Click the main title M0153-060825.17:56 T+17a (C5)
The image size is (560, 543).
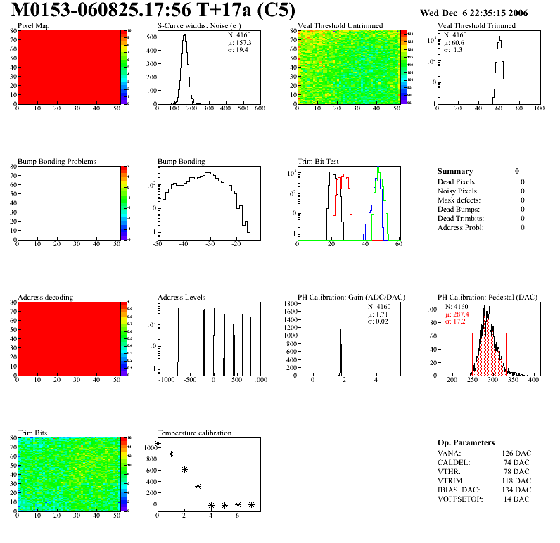[153, 11]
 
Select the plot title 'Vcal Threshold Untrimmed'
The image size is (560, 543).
[340, 26]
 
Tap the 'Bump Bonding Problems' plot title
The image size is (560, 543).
[57, 162]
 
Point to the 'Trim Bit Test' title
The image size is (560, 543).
[318, 162]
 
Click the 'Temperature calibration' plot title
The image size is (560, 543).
[194, 433]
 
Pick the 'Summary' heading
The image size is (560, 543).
[455, 171]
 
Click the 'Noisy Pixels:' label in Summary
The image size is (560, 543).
[458, 191]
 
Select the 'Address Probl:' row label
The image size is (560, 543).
[460, 227]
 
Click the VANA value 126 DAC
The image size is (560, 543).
[517, 454]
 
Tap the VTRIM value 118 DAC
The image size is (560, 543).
[517, 481]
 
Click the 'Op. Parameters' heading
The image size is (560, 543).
[466, 442]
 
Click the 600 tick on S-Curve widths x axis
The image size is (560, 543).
[259, 108]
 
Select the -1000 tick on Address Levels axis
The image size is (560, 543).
[166, 380]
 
